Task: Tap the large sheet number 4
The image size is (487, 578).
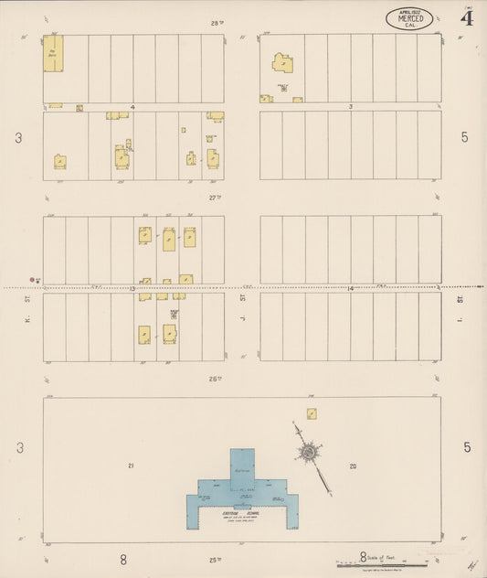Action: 467,17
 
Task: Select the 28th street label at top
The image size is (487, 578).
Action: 217,23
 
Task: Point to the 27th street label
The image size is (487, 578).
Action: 216,197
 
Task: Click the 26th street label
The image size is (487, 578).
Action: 217,378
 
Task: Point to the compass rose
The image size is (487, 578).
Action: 312,452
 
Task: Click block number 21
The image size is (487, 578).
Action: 132,466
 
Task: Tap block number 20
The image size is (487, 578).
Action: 353,466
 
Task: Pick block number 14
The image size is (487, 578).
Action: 350,289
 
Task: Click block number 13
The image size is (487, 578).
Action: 132,289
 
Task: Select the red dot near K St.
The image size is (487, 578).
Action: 31,281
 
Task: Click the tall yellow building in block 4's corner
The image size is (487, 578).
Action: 53,53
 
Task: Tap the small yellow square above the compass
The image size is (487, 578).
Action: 312,413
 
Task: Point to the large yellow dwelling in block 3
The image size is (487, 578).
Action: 282,62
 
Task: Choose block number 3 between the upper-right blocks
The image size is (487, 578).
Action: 350,107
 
